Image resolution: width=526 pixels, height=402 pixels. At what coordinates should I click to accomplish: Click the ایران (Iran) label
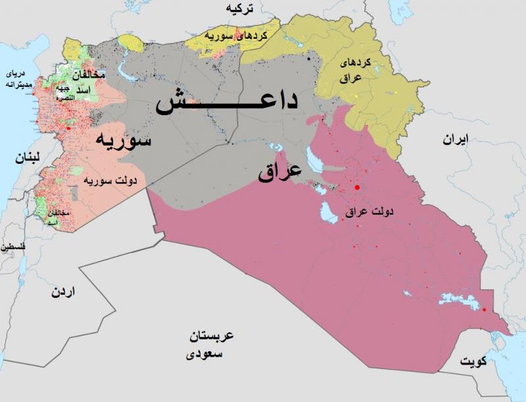point(454,140)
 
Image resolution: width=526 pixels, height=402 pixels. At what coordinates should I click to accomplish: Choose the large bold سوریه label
point(124,139)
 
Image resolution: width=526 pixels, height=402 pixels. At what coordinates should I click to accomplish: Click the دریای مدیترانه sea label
point(15,79)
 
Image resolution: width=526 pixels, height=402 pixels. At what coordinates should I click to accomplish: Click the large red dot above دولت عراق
point(357,188)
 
